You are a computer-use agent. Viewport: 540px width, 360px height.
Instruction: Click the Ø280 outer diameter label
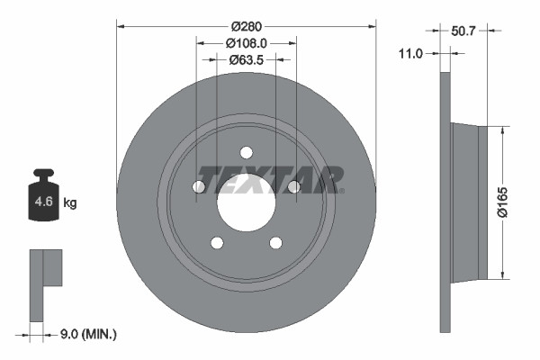pos(246,27)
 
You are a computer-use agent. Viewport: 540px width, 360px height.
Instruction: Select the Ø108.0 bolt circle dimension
pos(246,43)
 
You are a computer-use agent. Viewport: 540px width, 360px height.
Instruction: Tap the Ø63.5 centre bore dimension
pos(246,60)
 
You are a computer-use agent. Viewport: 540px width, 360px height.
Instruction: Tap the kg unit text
pos(69,203)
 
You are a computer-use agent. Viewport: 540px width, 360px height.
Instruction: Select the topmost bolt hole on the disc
pos(246,152)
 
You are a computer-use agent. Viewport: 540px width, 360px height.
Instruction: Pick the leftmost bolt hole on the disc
pos(199,186)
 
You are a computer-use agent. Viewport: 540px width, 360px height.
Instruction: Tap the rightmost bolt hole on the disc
pos(292,186)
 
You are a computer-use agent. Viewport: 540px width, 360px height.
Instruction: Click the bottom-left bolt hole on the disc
pos(216,241)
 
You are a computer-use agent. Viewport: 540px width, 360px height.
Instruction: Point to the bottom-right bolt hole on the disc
pos(275,241)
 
